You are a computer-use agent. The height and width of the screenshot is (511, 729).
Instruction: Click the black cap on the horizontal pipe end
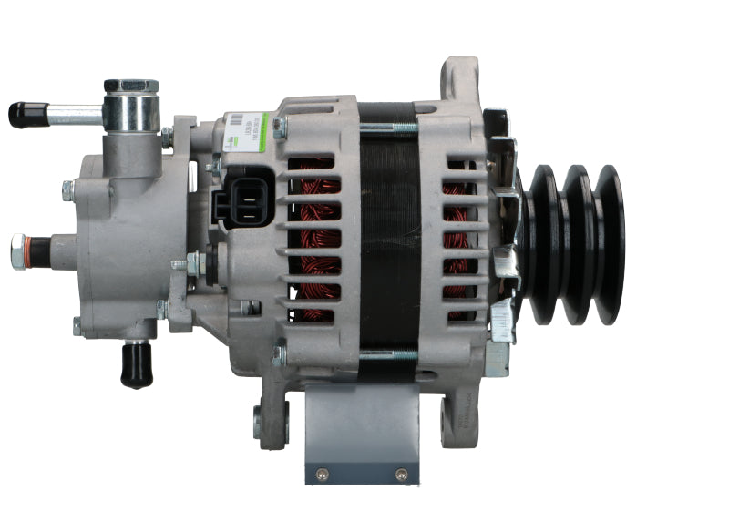pyautogui.click(x=26, y=114)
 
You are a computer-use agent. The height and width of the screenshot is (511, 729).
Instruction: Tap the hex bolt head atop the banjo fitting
pyautogui.click(x=130, y=87)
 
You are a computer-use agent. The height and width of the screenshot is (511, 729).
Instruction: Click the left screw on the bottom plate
pyautogui.click(x=321, y=473)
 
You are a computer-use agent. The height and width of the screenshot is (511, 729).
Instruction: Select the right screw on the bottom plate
pyautogui.click(x=401, y=474)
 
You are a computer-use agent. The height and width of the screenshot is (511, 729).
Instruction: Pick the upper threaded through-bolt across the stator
pyautogui.click(x=390, y=128)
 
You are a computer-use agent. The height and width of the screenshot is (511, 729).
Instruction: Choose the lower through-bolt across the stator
pyautogui.click(x=390, y=353)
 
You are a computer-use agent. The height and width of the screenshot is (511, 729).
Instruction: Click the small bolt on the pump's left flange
pyautogui.click(x=67, y=190)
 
